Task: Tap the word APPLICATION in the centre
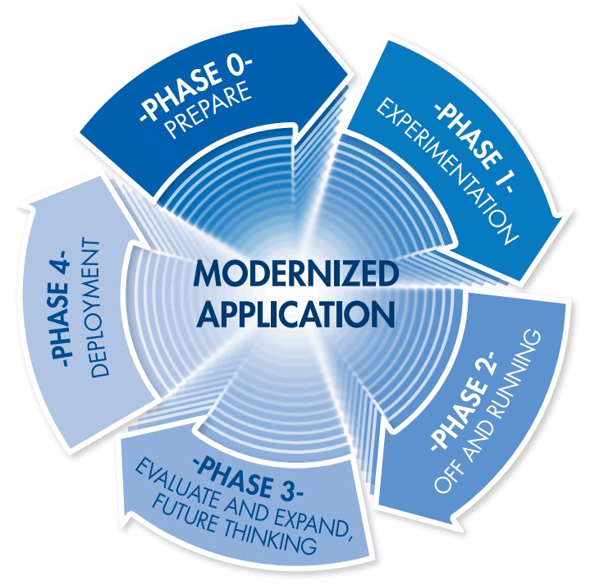(x=283, y=313)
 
